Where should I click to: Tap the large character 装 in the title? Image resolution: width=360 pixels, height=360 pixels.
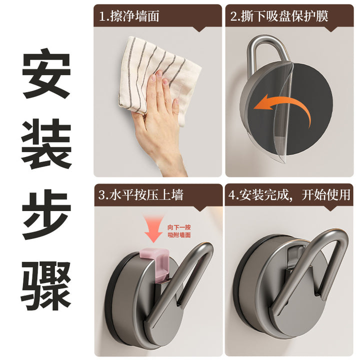click(46, 143)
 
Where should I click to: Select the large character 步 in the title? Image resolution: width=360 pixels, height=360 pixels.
click(46, 214)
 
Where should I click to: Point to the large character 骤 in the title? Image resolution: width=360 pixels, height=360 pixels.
click(46, 286)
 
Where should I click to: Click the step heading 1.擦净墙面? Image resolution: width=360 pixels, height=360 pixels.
click(129, 16)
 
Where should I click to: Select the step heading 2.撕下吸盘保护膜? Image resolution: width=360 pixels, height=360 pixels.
click(279, 16)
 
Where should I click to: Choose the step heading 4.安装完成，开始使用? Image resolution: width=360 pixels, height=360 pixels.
click(289, 194)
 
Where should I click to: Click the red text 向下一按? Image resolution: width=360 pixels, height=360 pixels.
click(179, 227)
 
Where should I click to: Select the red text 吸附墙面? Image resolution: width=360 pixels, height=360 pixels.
click(179, 235)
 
